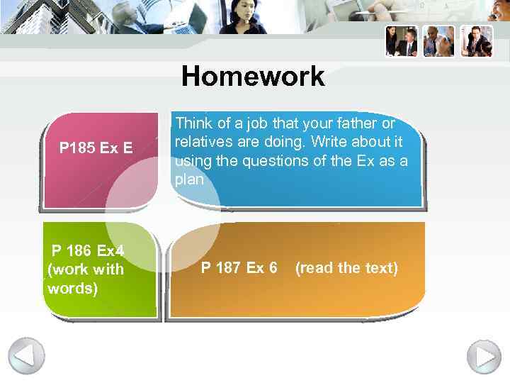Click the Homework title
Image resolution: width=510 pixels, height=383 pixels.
pyautogui.click(x=253, y=77)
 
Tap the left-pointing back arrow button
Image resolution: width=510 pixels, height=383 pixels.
pyautogui.click(x=26, y=355)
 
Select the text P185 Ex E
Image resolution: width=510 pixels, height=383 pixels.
pyautogui.click(x=96, y=148)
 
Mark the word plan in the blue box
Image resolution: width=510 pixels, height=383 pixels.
pyautogui.click(x=188, y=180)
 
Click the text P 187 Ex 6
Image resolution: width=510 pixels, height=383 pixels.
pyautogui.click(x=239, y=268)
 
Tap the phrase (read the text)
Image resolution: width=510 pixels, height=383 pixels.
pyautogui.click(x=346, y=268)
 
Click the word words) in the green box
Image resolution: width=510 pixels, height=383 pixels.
pyautogui.click(x=72, y=289)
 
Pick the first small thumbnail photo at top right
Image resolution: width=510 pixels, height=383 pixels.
pyautogui.click(x=402, y=41)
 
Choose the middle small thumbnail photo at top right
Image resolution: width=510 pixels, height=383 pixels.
pyautogui.click(x=439, y=41)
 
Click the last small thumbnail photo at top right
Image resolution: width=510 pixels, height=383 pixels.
pyautogui.click(x=477, y=41)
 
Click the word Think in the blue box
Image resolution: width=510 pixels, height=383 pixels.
pyautogui.click(x=191, y=123)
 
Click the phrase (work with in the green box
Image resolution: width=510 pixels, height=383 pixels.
pyautogui.click(x=85, y=270)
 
